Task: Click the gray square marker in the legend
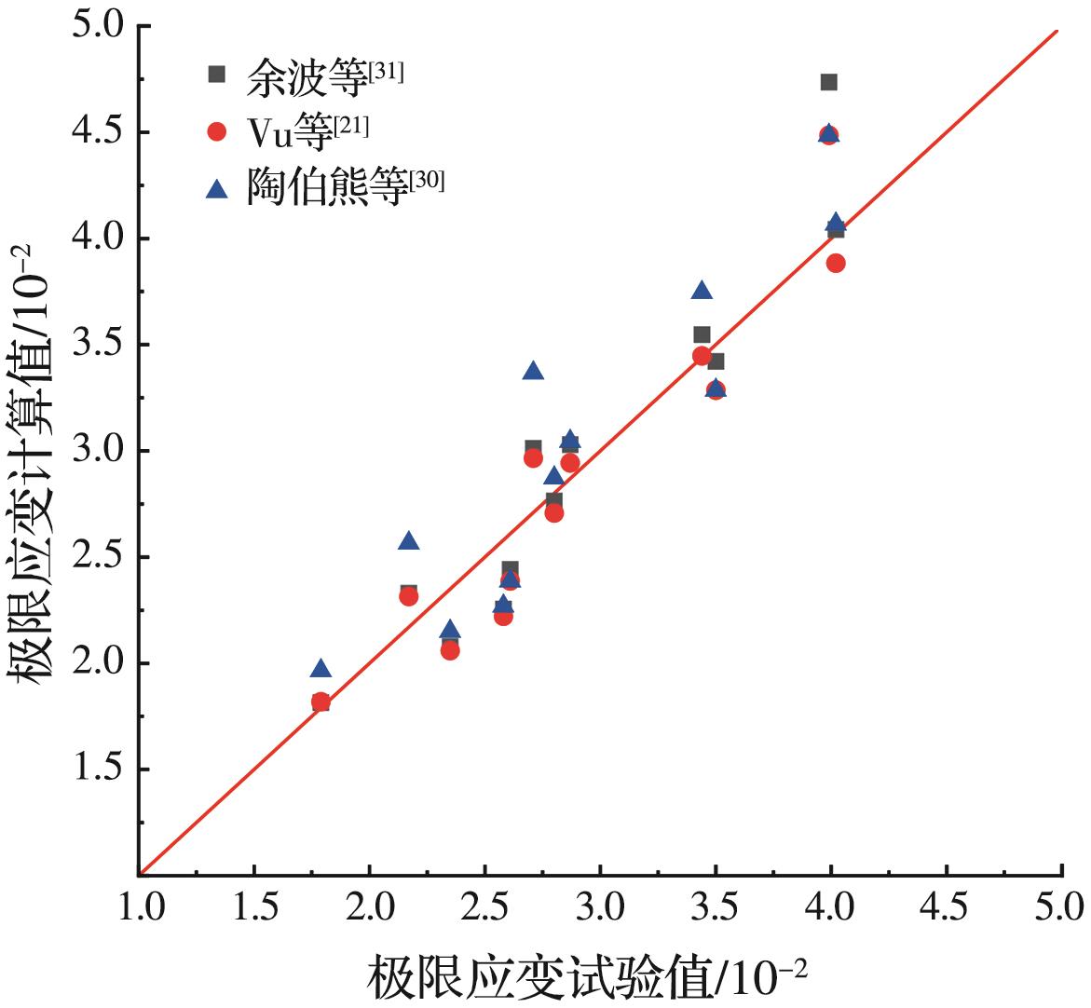pyautogui.click(x=217, y=75)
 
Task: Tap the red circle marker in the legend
pyautogui.click(x=217, y=132)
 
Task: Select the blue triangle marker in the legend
pyautogui.click(x=217, y=189)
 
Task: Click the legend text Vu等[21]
pyautogui.click(x=307, y=132)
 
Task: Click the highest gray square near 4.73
pyautogui.click(x=828, y=82)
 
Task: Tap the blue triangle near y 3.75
pyautogui.click(x=702, y=291)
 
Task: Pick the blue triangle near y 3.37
pyautogui.click(x=533, y=371)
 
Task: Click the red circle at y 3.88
pyautogui.click(x=836, y=264)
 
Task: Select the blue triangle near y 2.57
pyautogui.click(x=408, y=541)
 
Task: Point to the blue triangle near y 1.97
pyautogui.click(x=320, y=668)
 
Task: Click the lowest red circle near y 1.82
pyautogui.click(x=320, y=702)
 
